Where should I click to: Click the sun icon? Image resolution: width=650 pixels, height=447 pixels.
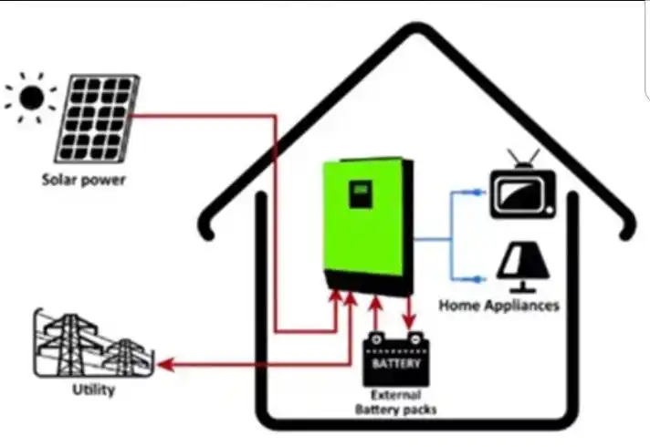[x=31, y=96]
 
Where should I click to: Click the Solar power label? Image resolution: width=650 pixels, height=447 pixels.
[x=83, y=179]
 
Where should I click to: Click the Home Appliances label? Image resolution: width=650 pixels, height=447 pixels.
[x=498, y=305]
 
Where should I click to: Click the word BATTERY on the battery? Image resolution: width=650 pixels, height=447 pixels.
[x=397, y=363]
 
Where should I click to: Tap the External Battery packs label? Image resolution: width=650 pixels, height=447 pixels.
[x=394, y=402]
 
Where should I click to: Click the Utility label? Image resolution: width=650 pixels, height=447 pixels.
[x=93, y=391]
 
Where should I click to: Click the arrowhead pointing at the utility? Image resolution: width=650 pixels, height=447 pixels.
[x=165, y=366]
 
